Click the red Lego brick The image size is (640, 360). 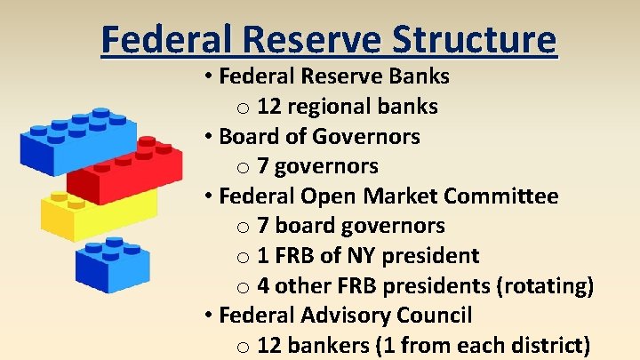124,175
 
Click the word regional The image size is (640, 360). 333,107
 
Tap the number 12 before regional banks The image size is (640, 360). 269,107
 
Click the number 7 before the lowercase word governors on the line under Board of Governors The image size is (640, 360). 263,166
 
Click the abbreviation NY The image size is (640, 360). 354,255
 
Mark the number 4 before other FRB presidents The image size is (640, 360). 263,285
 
